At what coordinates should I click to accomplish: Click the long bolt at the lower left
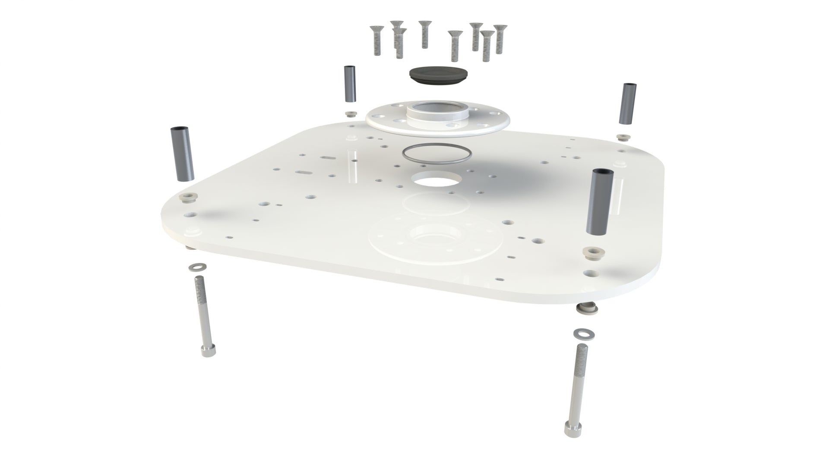(x=205, y=315)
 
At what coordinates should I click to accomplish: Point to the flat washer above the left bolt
(x=197, y=266)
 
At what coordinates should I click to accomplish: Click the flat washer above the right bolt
(x=581, y=334)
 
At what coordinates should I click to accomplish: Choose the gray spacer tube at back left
(x=350, y=84)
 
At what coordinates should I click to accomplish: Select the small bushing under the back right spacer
(x=623, y=138)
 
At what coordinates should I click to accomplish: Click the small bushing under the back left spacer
(x=350, y=114)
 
